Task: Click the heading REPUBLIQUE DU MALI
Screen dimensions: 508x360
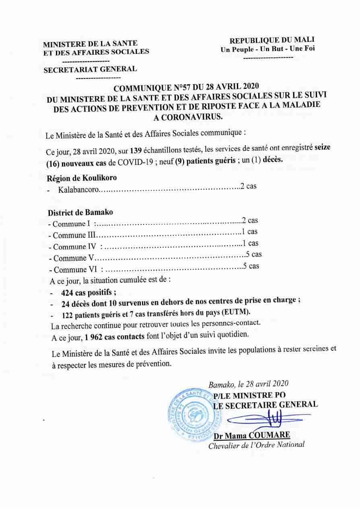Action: pos(272,40)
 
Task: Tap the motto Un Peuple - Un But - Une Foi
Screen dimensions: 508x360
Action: pos(267,49)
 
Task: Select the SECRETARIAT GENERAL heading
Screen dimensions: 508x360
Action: pos(90,69)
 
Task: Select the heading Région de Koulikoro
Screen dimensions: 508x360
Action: pos(82,177)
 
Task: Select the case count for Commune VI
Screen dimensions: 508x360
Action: pos(251,266)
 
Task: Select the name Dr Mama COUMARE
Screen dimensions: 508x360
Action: pos(252,436)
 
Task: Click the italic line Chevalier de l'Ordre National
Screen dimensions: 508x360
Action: pos(256,445)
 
